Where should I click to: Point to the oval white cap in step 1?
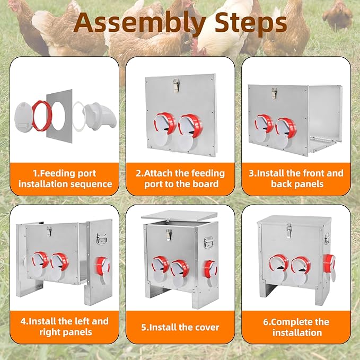(x=23, y=117)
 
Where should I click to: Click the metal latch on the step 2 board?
(x=177, y=85)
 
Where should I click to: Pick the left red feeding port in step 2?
(x=165, y=123)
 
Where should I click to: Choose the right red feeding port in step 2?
(x=190, y=126)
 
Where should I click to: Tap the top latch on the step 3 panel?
(x=274, y=93)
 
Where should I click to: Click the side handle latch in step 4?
(x=101, y=239)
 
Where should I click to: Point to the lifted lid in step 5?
(x=179, y=216)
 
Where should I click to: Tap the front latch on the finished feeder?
(x=289, y=231)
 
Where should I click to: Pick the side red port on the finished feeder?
(x=329, y=262)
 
